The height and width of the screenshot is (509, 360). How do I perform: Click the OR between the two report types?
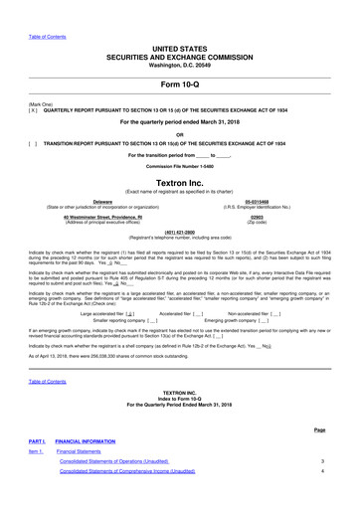180,133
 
